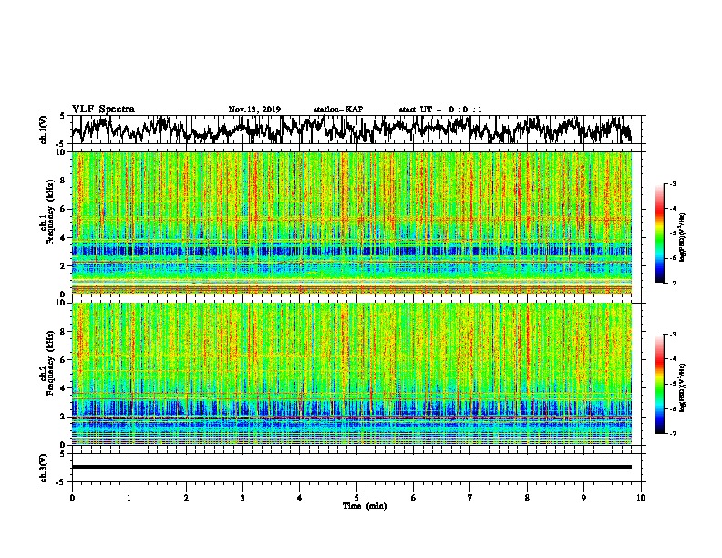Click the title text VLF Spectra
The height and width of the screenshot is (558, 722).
point(103,108)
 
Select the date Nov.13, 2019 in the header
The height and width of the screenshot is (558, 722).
point(254,109)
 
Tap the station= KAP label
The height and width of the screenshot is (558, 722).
point(337,109)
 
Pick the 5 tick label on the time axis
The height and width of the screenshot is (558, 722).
point(357,498)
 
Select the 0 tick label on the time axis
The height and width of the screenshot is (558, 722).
point(72,498)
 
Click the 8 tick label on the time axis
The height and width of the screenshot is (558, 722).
point(528,498)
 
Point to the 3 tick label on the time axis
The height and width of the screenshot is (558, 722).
point(243,498)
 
